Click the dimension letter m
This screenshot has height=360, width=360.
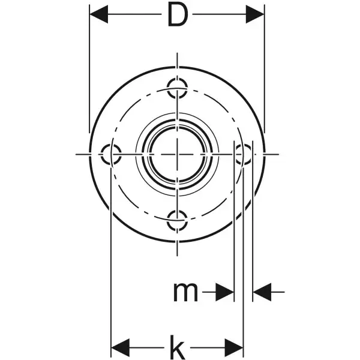click(185, 292)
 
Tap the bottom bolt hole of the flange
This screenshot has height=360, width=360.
click(177, 220)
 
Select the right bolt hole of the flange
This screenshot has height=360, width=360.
click(243, 154)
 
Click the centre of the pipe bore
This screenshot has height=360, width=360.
click(177, 154)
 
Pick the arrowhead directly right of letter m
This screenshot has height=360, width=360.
click(226, 292)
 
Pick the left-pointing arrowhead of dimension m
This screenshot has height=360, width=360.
click(261, 292)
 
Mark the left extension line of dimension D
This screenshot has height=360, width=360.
click(89, 72)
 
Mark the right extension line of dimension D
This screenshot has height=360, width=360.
click(264, 72)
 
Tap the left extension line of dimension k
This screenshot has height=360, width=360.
click(112, 270)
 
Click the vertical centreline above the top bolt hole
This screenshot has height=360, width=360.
click(178, 63)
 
